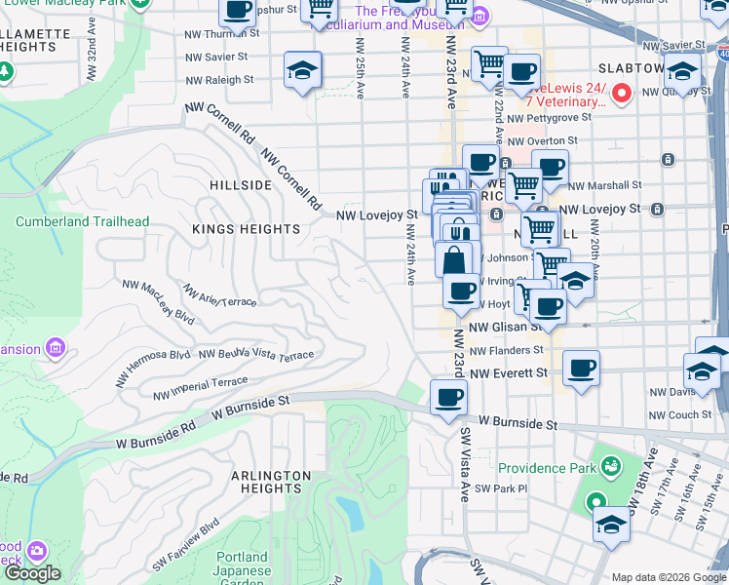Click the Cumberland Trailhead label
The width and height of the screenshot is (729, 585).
pos(83,221)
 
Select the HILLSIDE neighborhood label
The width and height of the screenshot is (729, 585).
pos(240,184)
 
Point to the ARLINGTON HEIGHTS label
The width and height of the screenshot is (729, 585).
pos(271,484)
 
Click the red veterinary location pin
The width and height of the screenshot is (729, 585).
pos(623,95)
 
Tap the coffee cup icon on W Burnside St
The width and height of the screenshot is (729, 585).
pos(448,398)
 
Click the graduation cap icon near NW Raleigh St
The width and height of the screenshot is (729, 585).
pos(302,71)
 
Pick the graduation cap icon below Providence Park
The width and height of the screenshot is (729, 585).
pos(611,524)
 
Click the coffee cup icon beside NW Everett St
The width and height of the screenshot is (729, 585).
pos(581,369)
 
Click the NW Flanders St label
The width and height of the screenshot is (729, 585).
pos(505,350)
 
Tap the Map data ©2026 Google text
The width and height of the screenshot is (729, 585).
pos(668,577)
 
